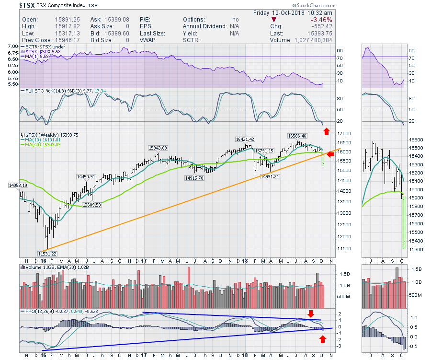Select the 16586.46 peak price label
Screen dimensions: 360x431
297,136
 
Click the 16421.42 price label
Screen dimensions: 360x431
244,139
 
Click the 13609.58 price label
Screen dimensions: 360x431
92,205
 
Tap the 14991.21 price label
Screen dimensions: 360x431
270,176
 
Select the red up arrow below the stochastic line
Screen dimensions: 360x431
326,131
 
